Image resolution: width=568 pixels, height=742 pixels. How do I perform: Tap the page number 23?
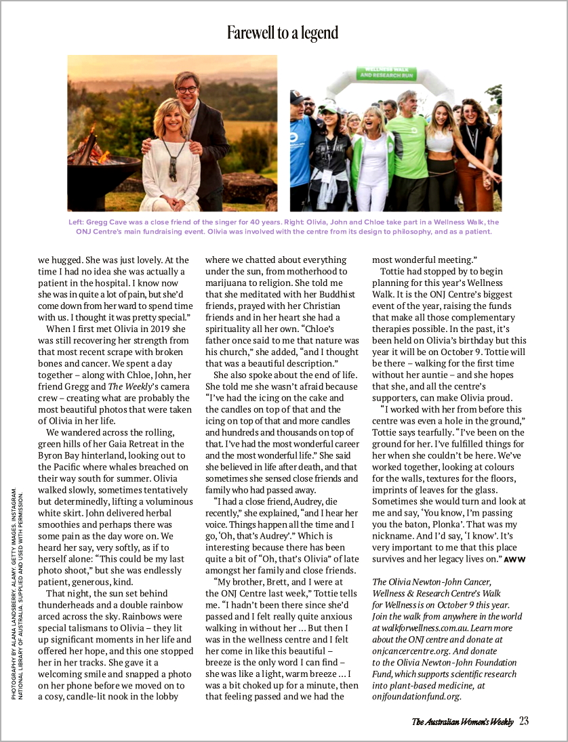tap(524, 721)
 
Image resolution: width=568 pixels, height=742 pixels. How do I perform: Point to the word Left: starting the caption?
tap(76, 222)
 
